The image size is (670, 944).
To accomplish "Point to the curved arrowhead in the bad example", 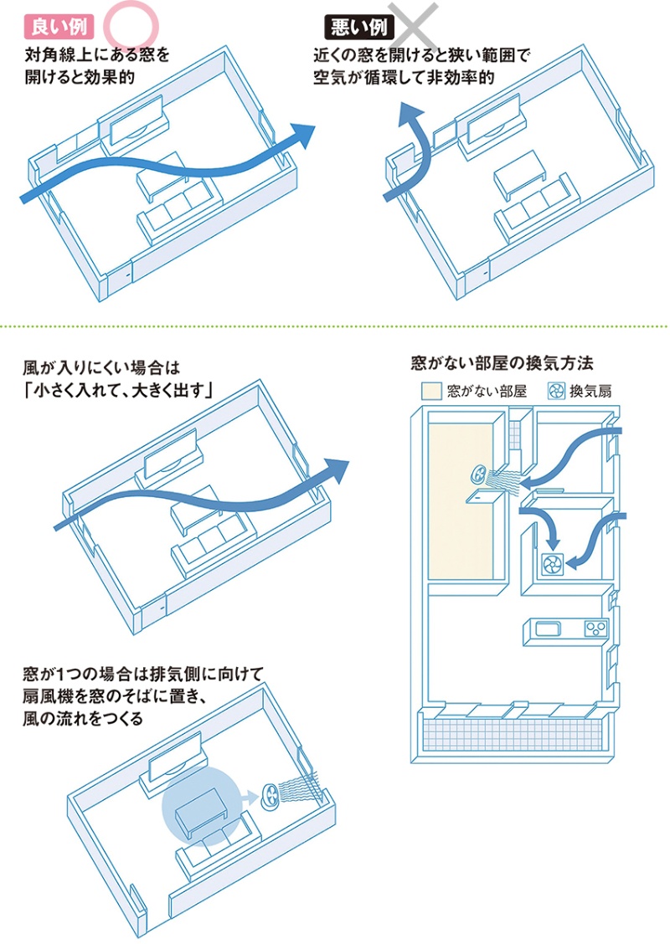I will click(x=408, y=115).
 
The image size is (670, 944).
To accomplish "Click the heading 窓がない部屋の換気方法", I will click(x=502, y=365).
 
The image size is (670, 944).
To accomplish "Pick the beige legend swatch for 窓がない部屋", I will click(x=430, y=391).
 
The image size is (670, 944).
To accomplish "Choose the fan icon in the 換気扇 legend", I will click(x=555, y=391).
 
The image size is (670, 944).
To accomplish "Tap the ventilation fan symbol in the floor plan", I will click(x=552, y=566).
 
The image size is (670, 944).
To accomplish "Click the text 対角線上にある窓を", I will click(x=97, y=57).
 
